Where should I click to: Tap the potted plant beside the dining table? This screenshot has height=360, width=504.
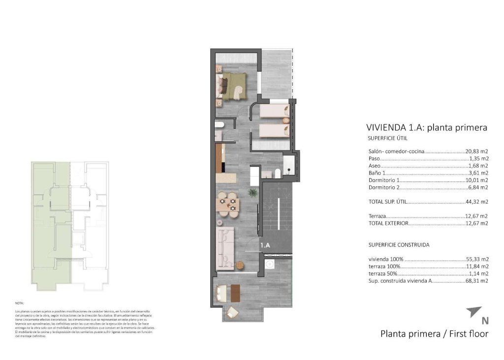pos(252,193)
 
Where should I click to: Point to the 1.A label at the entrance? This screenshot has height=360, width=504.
pos(265,244)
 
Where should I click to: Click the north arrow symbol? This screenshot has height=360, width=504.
pos(473,311)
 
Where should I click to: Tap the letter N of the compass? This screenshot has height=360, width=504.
pos(485,321)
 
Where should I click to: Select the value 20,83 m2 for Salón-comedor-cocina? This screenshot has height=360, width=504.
pos(476,152)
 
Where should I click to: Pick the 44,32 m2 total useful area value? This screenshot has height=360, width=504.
pos(476,202)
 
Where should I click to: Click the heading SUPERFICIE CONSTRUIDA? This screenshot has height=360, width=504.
pos(399,244)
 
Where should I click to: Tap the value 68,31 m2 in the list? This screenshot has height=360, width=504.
pos(476,281)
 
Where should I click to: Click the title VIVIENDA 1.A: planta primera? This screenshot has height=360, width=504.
pos(427,128)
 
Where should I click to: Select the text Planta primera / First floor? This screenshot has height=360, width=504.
pos(434,334)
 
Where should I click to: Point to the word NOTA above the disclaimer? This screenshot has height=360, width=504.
pos(19,304)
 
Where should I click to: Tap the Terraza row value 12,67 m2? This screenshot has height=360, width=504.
pos(476,216)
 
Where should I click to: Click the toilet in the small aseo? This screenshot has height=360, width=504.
pos(220,125)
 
